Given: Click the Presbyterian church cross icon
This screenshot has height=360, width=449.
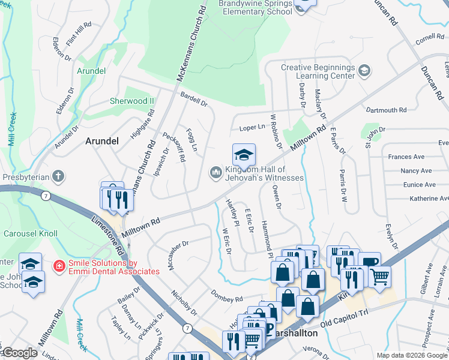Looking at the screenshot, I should tap(57, 176).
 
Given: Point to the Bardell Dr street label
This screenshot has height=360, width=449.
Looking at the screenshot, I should tap(193, 100).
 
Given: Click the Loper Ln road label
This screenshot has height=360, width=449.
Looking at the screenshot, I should tap(252, 127).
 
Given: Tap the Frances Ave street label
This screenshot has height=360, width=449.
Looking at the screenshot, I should tap(406, 157).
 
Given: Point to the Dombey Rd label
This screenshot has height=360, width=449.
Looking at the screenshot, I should tap(226, 295).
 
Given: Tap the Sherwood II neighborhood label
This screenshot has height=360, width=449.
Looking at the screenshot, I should tap(131, 101).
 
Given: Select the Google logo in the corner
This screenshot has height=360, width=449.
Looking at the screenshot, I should tap(20, 353).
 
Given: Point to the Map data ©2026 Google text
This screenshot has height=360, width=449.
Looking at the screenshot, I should tap(412, 355).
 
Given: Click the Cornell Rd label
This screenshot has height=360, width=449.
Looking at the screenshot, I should tap(429, 39).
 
